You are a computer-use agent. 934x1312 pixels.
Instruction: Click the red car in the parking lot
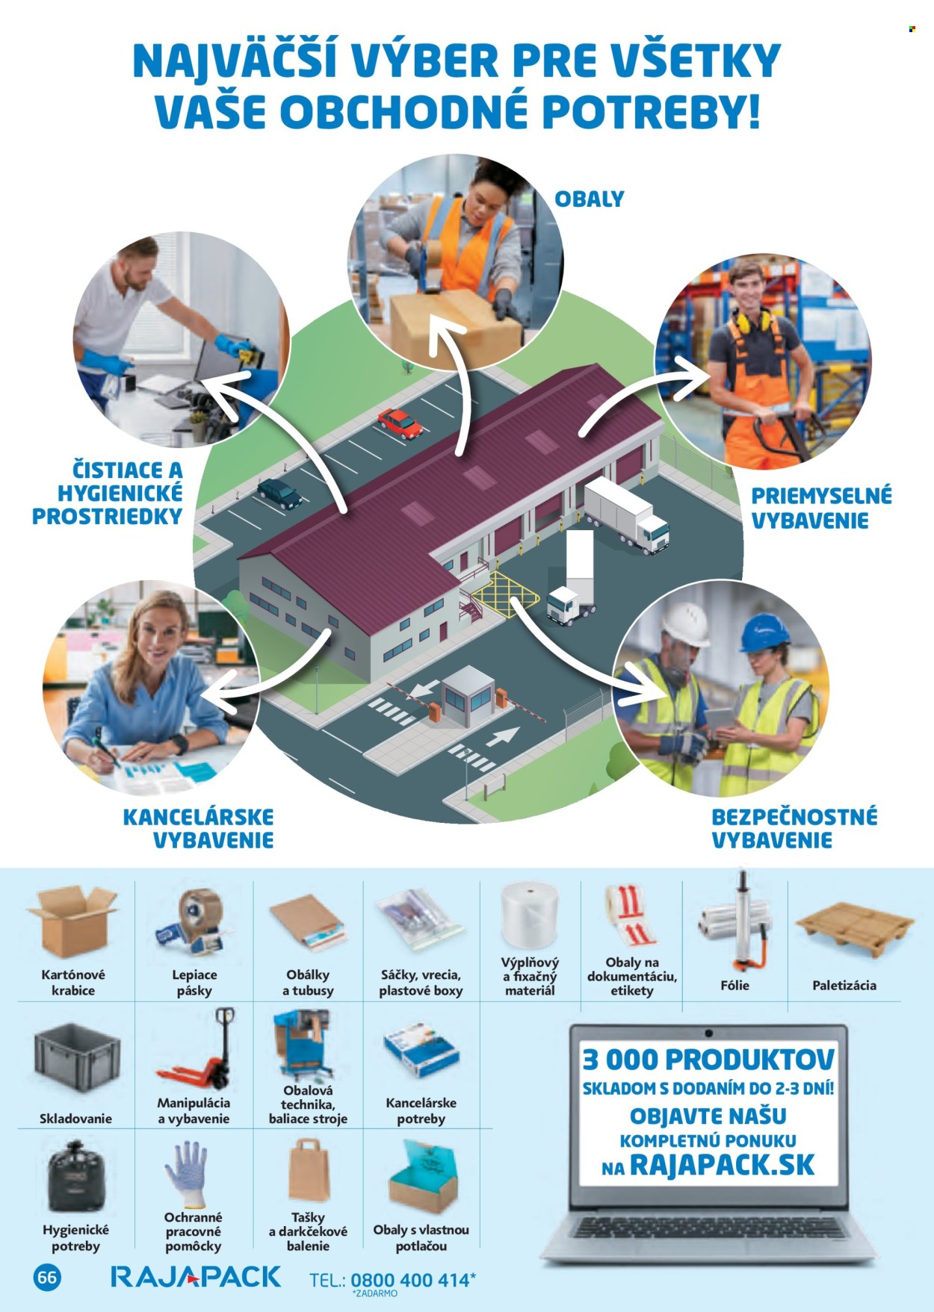click(x=400, y=423)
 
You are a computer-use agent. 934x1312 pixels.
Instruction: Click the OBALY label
click(x=589, y=199)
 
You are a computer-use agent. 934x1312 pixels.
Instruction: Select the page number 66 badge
click(x=47, y=1277)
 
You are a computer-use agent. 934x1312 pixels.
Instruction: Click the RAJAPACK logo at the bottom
click(x=196, y=1277)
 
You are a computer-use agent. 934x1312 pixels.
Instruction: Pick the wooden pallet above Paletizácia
click(x=855, y=930)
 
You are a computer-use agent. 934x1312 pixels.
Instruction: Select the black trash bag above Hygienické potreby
click(x=76, y=1178)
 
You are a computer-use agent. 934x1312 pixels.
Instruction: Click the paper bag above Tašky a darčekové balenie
click(x=309, y=1169)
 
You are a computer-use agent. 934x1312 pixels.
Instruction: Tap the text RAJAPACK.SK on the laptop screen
click(x=722, y=1165)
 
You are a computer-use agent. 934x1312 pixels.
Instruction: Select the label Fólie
click(x=734, y=985)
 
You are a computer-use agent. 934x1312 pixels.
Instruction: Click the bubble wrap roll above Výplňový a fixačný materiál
click(x=530, y=916)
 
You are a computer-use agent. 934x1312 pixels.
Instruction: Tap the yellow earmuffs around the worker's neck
click(x=752, y=322)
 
